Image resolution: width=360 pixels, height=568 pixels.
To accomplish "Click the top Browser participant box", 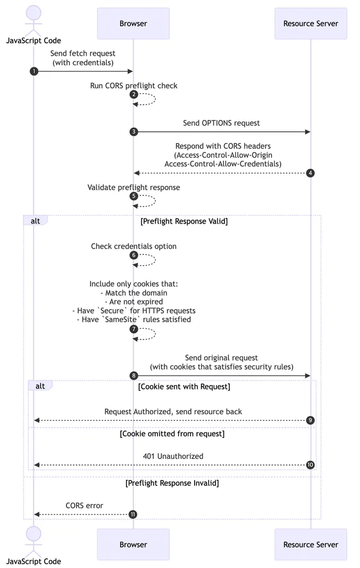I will (133, 24).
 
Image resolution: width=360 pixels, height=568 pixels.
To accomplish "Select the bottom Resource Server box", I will (310, 544).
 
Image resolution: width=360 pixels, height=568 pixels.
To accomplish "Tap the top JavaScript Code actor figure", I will (33, 20).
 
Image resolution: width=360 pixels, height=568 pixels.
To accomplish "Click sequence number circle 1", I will (34, 71).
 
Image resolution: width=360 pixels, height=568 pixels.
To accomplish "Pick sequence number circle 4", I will (310, 173).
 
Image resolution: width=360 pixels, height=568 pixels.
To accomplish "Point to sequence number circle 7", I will (133, 329).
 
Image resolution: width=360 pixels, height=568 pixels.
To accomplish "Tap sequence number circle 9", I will (310, 421).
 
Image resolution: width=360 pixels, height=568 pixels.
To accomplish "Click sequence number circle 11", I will (133, 515).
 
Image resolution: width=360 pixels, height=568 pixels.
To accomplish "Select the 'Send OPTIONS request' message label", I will (222, 123).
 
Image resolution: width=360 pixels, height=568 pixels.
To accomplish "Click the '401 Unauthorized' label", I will (173, 456).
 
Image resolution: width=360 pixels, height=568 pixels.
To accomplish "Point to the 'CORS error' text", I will (84, 506).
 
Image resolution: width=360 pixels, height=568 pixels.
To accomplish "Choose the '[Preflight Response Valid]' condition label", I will (184, 221).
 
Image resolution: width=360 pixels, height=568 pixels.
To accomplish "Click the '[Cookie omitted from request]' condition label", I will (172, 434).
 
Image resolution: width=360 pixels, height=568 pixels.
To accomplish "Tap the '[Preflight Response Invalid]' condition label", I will (172, 483).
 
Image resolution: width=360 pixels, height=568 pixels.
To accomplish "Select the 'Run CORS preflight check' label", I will (134, 86).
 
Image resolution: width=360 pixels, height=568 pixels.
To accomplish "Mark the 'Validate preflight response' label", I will (134, 187).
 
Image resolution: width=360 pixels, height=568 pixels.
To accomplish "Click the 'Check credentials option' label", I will (134, 247).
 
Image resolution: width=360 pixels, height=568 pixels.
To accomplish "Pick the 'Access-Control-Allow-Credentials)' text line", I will (223, 164).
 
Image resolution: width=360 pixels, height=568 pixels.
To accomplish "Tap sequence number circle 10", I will (310, 465).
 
